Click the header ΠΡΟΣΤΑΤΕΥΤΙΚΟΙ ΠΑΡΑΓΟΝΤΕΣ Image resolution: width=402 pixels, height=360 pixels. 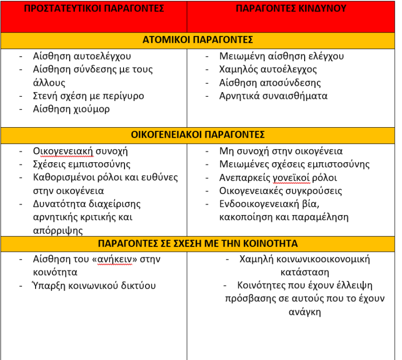[x=94, y=9]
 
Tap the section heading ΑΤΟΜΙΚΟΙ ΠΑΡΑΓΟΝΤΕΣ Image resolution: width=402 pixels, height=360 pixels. [x=198, y=40]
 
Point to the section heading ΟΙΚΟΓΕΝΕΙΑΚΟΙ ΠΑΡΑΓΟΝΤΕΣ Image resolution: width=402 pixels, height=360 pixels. [x=198, y=134]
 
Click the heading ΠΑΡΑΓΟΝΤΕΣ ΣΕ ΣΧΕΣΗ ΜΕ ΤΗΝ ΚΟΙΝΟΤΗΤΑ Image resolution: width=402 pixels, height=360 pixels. [x=198, y=243]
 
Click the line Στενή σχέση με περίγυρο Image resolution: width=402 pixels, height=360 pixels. [x=88, y=96]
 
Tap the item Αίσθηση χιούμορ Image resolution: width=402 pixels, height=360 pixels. [x=71, y=109]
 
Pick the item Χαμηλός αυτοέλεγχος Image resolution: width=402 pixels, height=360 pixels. [x=268, y=69]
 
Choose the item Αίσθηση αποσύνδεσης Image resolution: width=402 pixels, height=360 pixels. [x=270, y=83]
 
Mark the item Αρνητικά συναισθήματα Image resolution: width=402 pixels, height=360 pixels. [x=273, y=96]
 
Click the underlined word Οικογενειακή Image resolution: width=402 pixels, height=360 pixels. [x=63, y=151]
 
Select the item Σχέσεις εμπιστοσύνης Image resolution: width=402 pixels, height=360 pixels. [x=82, y=164]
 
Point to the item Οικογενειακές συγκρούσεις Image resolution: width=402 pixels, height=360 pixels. [x=281, y=190]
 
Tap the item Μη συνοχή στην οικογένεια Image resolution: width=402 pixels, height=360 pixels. [x=281, y=151]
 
